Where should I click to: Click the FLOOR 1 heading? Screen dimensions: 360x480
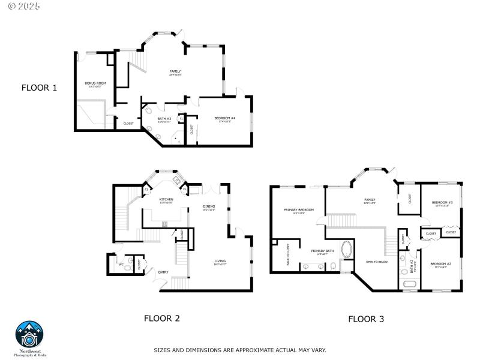39,88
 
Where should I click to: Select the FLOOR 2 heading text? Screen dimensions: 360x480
161,318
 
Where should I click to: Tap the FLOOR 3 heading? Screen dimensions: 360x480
365,319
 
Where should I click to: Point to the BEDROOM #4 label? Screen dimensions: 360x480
224,118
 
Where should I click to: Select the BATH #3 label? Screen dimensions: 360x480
164,119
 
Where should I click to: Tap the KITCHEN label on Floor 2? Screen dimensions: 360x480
166,199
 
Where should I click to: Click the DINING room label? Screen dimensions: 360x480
209,206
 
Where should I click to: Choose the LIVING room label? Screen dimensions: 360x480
220,261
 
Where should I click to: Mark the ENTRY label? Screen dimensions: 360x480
163,272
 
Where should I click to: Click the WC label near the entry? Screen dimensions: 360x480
121,263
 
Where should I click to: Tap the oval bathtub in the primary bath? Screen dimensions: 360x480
347,250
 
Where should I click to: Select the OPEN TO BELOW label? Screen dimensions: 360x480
377,262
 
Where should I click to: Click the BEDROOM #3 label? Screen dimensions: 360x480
442,203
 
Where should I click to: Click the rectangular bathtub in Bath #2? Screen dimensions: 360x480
410,284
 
